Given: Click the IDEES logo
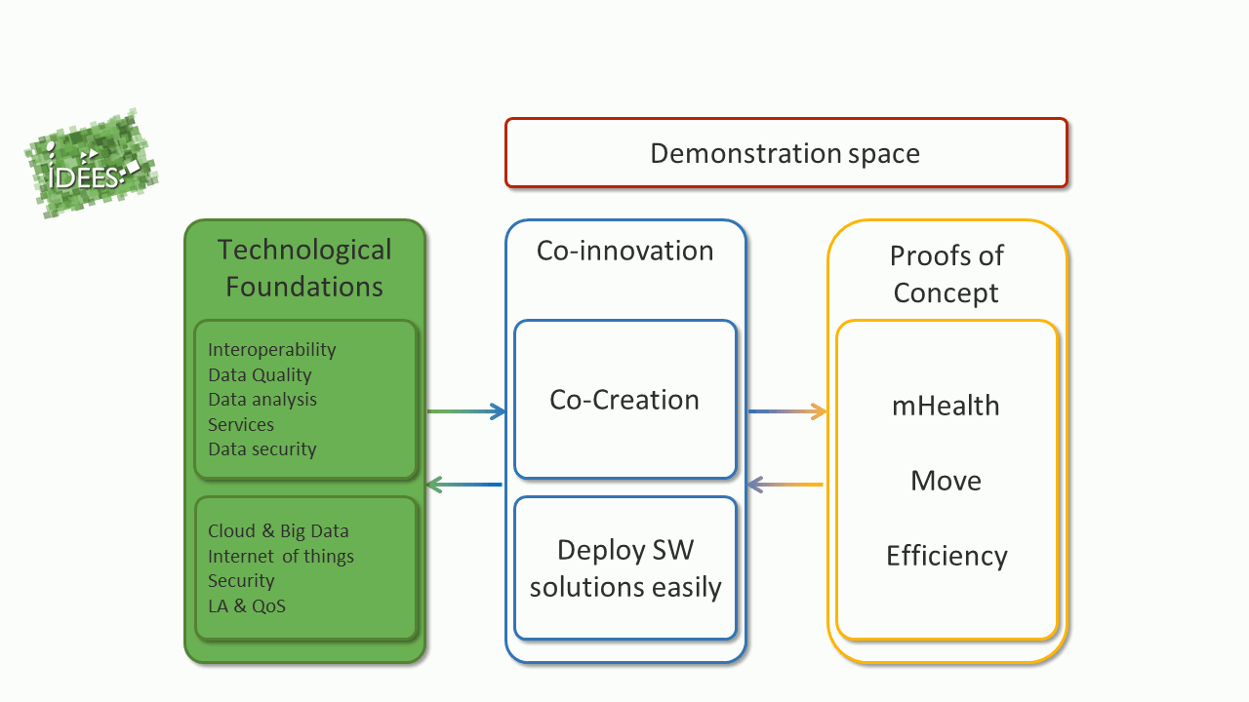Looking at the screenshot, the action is click(x=92, y=163).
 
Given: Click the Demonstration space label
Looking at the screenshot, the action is click(x=786, y=154).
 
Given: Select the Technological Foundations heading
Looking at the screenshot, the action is click(x=304, y=268).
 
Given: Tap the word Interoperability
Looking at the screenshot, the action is click(x=272, y=350).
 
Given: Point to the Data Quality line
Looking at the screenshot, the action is click(x=260, y=375).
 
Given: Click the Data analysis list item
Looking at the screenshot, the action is click(x=262, y=400).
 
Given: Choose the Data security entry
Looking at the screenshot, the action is click(x=262, y=449).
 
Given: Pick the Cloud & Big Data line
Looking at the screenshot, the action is click(x=278, y=531).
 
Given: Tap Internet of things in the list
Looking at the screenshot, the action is click(x=281, y=556).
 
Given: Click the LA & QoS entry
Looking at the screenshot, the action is click(x=247, y=605).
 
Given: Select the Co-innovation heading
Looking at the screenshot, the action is click(x=625, y=251).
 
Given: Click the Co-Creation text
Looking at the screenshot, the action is click(x=624, y=400).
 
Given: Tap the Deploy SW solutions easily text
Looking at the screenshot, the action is click(x=625, y=568).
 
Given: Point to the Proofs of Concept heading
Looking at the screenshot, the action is click(x=947, y=275).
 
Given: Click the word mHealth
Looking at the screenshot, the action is click(x=946, y=406).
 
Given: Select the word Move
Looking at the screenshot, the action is click(x=946, y=481).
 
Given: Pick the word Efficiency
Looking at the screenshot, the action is click(x=947, y=556).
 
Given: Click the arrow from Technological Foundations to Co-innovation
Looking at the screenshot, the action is click(x=466, y=411).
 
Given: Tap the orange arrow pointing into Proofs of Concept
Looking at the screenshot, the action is click(x=787, y=411).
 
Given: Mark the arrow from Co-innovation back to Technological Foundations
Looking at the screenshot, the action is click(x=463, y=485).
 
